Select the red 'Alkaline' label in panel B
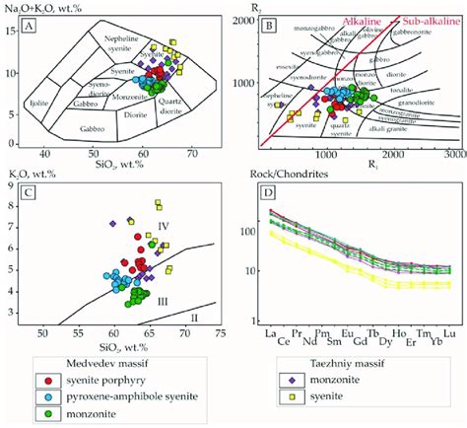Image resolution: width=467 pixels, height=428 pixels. [x=334, y=20]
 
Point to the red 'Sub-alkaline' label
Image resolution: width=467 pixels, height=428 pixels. [x=406, y=20]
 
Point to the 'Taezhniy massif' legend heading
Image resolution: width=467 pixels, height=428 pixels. [x=314, y=360]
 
